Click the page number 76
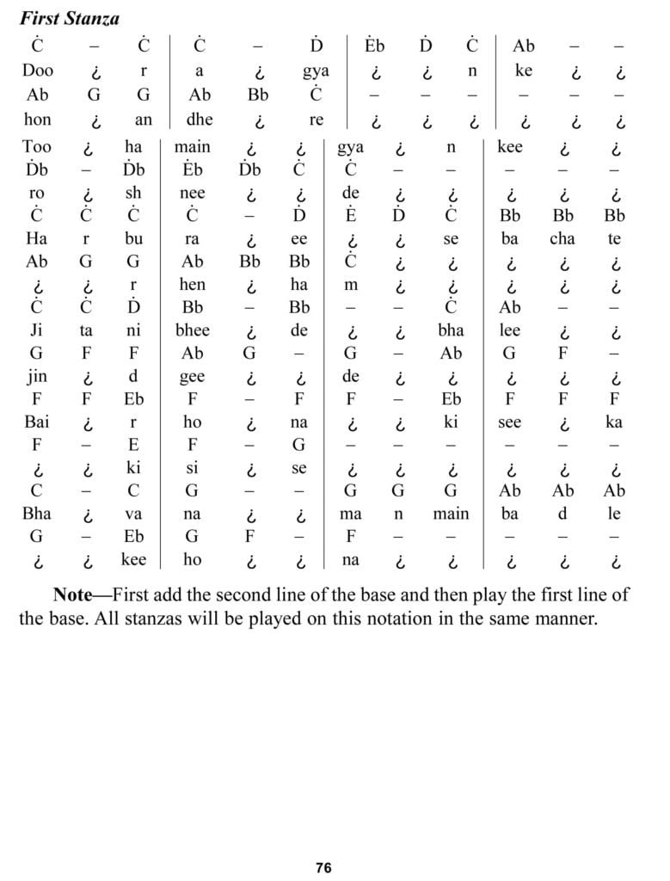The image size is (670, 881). tap(323, 867)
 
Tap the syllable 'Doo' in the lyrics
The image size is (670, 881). tap(38, 71)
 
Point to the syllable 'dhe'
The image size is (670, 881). tap(199, 120)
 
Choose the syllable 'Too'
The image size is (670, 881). tap(37, 147)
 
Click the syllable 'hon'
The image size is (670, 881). tap(37, 120)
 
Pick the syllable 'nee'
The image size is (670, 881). tap(192, 194)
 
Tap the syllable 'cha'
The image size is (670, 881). tap(562, 239)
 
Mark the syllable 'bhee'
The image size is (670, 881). tap(193, 330)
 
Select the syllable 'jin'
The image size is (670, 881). tap(36, 376)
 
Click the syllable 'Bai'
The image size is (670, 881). tap(37, 422)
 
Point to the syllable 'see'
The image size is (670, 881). tap(509, 422)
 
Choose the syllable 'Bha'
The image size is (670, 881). tap(37, 514)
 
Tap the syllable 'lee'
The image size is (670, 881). tap(509, 330)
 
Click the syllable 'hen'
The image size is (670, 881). tap(192, 284)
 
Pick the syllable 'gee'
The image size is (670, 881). tap(192, 376)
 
